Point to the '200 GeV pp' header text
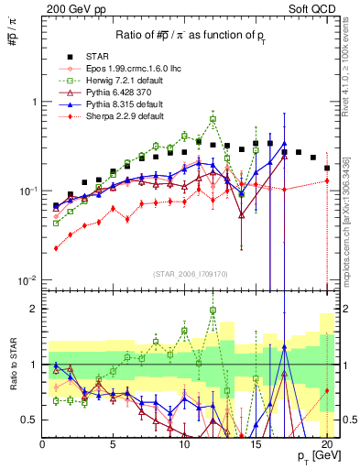(x=71, y=8)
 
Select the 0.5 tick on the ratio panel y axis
(x=30, y=420)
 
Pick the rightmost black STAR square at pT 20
(x=327, y=169)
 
